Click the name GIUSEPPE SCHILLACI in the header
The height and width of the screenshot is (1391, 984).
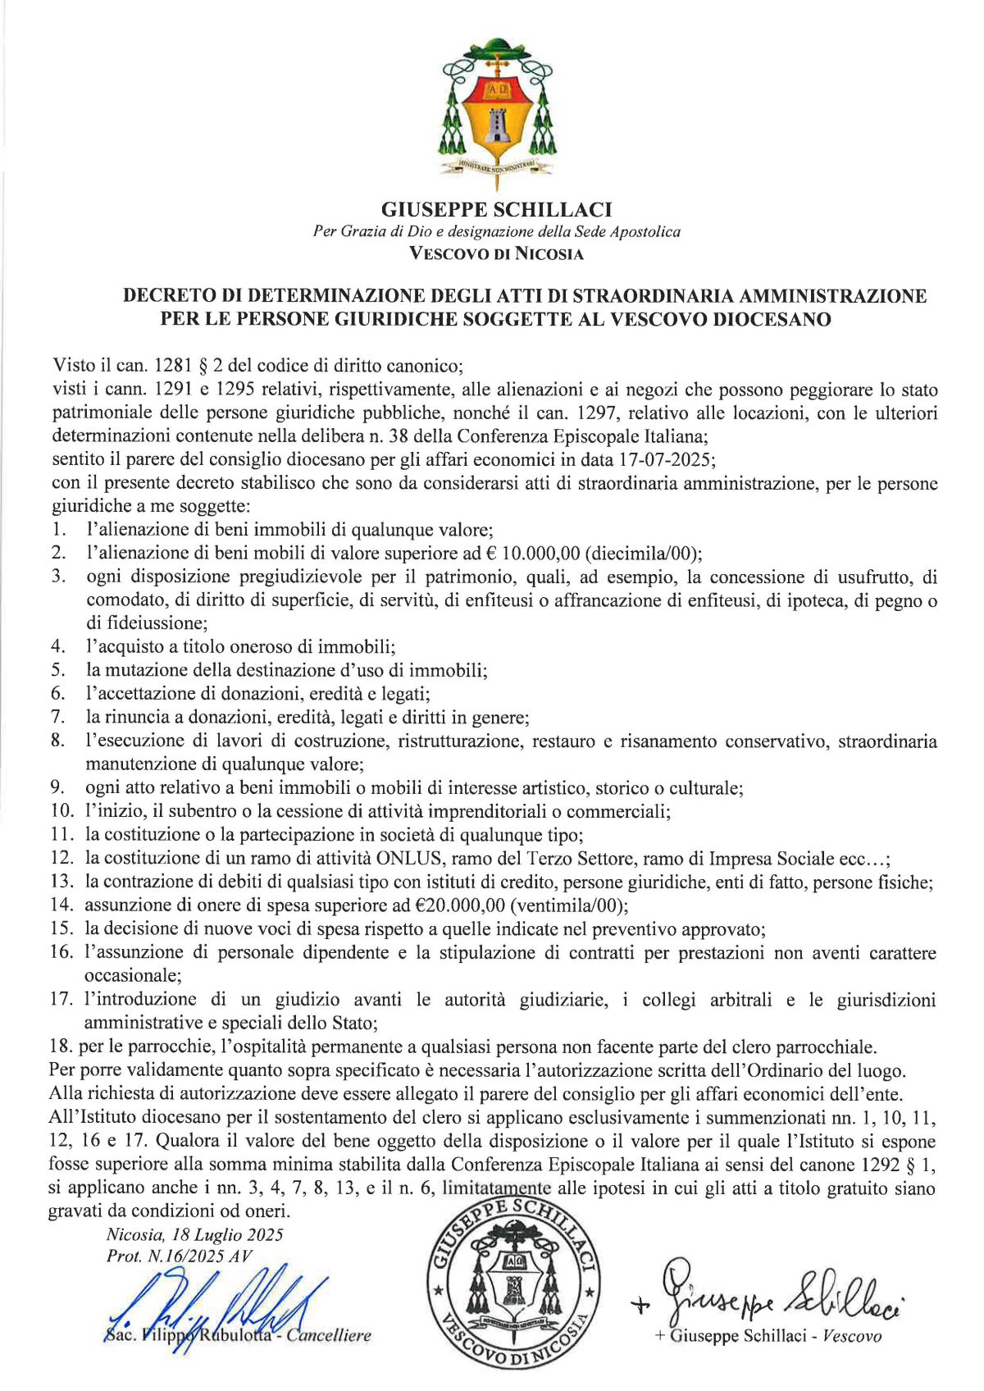tap(496, 210)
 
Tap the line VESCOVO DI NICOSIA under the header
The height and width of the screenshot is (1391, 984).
tap(496, 254)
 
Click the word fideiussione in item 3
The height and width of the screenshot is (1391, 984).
tap(145, 623)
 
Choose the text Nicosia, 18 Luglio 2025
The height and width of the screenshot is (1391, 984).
tap(194, 1235)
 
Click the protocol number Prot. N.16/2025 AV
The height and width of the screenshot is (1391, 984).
tap(180, 1256)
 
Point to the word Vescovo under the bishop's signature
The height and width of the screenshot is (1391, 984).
tap(852, 1337)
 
